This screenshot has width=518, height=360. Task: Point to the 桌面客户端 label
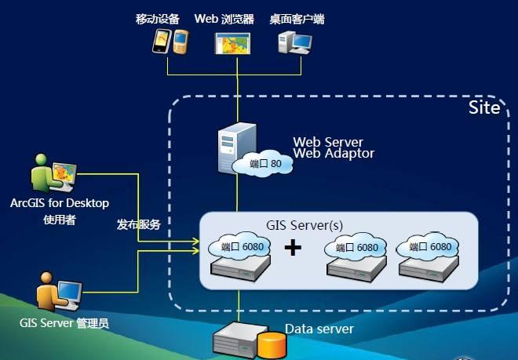click(x=296, y=19)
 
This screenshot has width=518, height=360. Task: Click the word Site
click(x=484, y=108)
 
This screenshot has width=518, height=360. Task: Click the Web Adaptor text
click(x=334, y=154)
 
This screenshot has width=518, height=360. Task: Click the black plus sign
click(x=293, y=249)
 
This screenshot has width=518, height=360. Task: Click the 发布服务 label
click(x=138, y=224)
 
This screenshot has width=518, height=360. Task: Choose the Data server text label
click(x=319, y=329)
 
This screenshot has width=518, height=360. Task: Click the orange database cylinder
click(x=272, y=344)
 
